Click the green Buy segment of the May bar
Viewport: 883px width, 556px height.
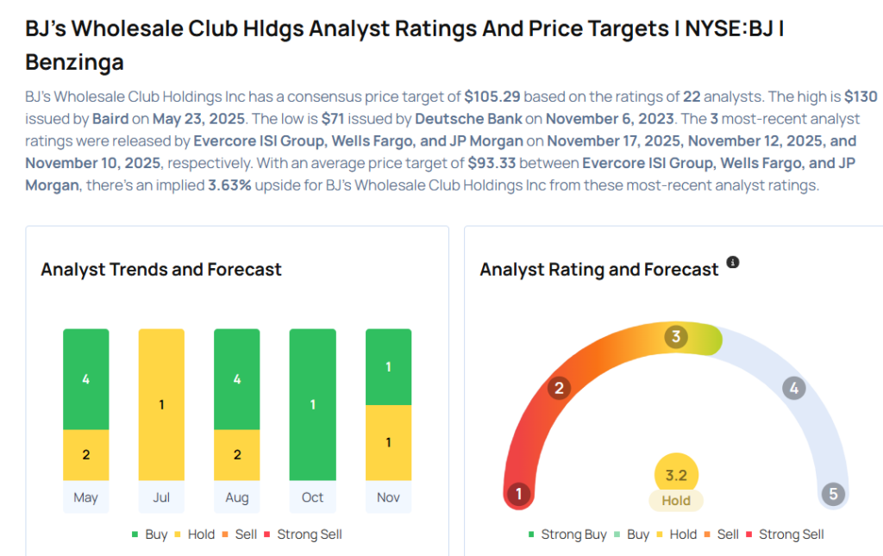(85, 379)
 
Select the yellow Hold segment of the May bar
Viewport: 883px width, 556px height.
(85, 454)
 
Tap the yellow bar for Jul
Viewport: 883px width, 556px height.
(161, 404)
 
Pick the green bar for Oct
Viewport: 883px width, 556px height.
(312, 404)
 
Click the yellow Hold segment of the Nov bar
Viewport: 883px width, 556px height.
(388, 442)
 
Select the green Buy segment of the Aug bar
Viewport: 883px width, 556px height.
(237, 379)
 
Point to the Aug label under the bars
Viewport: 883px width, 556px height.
(237, 497)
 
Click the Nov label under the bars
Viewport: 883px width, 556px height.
(388, 497)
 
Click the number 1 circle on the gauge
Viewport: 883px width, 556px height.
(518, 494)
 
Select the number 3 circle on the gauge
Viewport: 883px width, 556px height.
(677, 337)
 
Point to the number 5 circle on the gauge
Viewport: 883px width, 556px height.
(832, 494)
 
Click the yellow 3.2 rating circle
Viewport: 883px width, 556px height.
(676, 476)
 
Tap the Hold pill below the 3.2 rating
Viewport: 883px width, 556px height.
(676, 500)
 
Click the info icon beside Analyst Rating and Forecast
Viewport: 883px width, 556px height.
(733, 262)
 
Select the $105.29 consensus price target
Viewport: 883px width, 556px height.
(493, 97)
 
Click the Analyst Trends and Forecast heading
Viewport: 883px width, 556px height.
(161, 270)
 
